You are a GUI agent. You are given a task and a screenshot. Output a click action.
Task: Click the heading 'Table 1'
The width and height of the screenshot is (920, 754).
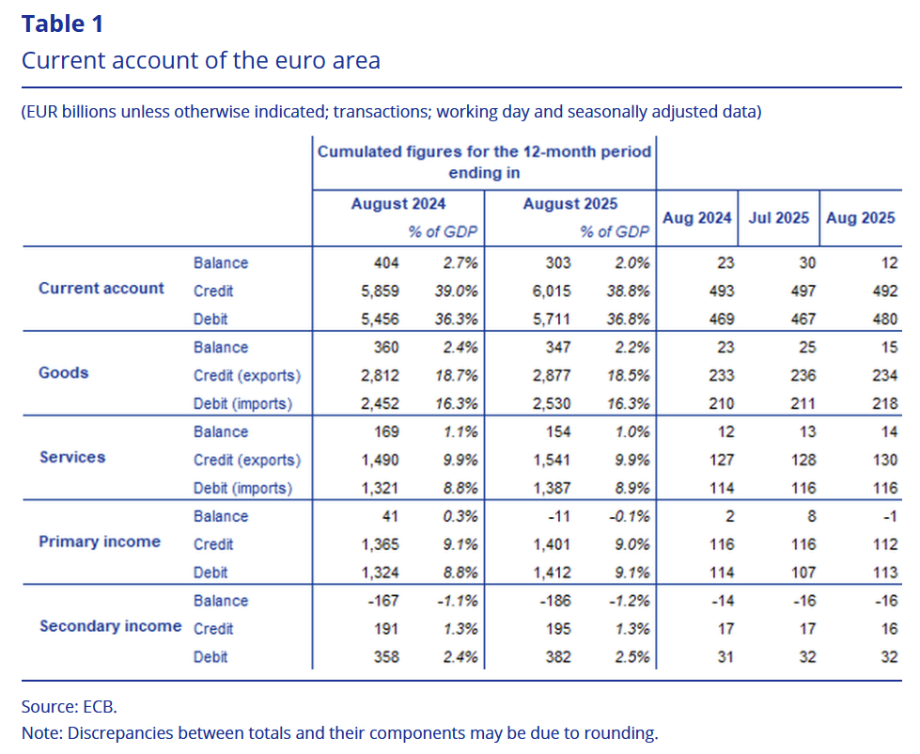tap(63, 24)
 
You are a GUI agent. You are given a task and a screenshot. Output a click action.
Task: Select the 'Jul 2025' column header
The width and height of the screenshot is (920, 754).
tap(778, 218)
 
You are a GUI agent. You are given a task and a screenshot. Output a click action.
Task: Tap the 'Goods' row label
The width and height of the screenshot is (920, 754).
tap(64, 373)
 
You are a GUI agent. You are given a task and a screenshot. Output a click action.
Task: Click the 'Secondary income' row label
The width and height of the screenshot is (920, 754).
tap(110, 626)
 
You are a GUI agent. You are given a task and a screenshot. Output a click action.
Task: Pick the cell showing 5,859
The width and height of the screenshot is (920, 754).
tap(380, 291)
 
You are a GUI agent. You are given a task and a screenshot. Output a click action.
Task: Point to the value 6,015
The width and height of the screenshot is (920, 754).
tap(552, 291)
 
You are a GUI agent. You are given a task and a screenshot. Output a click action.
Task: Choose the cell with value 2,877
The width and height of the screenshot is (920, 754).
tap(552, 376)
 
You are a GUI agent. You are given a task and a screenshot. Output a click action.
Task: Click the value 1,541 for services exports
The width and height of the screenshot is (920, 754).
tap(552, 461)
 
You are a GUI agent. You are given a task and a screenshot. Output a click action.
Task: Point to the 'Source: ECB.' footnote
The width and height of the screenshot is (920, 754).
tap(69, 706)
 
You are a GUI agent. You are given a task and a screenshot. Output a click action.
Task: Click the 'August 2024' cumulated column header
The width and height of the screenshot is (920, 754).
tap(398, 204)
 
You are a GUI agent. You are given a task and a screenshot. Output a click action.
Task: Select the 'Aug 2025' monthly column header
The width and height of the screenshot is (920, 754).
tap(860, 218)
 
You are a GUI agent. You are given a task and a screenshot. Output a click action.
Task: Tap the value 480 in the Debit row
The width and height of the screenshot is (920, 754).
tap(884, 320)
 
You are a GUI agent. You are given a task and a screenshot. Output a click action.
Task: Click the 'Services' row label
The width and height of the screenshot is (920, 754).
tap(72, 458)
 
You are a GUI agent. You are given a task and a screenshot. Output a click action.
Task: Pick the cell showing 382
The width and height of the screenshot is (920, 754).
tap(557, 657)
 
